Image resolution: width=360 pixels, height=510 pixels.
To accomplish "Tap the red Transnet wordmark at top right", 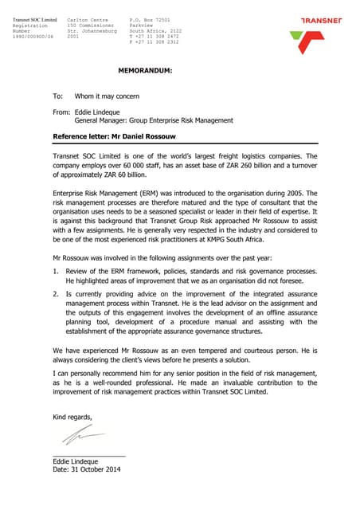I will tap(321, 21).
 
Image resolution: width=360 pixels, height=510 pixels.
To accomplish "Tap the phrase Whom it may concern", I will tap(107, 96).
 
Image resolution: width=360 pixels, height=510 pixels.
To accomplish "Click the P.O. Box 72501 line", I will tap(150, 18).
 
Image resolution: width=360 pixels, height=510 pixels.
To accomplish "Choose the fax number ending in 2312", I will tap(151, 42).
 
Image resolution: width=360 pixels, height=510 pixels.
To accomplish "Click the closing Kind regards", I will tap(72, 417).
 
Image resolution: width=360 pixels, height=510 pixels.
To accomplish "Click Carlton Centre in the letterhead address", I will tap(88, 18).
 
